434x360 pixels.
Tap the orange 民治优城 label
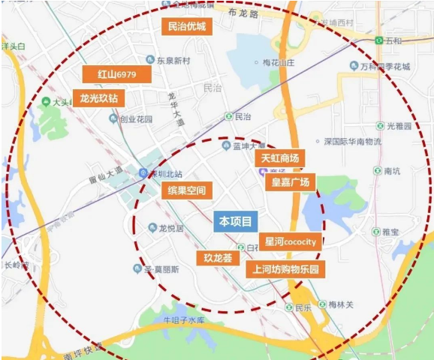pos(187,27)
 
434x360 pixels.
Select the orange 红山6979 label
pos(118,75)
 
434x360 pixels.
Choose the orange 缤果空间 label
pos(187,190)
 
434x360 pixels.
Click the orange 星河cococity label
pos(291,241)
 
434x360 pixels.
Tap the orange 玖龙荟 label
pos(219,258)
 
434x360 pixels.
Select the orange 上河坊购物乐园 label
pos(285,268)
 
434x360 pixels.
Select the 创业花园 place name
pos(136,118)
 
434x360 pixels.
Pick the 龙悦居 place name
pos(171,228)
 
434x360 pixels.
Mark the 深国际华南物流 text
pos(352,141)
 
